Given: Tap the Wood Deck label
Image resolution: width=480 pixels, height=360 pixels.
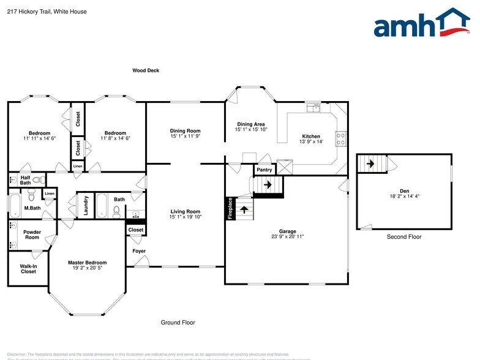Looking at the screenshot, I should point(146,70).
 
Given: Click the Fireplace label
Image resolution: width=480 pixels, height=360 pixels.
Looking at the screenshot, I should point(230,208).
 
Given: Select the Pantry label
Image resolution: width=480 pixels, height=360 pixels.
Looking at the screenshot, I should point(264,170).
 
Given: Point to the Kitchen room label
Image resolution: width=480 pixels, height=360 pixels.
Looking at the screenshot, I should point(311,136).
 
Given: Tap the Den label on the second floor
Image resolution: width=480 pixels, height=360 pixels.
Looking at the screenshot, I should point(404,190).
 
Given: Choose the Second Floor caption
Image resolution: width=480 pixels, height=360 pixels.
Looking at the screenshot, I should point(404,237).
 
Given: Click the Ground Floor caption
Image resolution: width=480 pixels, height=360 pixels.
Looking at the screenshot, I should point(178,322).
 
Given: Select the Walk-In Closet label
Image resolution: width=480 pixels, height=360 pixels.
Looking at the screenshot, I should point(28,269).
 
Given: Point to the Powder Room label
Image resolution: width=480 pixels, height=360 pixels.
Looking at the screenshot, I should point(32,234).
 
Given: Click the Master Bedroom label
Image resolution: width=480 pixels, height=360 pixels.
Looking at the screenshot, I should point(87,263).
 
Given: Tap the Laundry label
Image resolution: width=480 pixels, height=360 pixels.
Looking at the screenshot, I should point(86,205).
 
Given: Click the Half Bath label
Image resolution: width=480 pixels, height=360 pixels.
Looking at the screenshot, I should point(25,179).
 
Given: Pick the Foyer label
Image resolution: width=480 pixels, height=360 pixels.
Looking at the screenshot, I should point(139,251).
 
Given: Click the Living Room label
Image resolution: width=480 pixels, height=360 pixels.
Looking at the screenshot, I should point(186,212).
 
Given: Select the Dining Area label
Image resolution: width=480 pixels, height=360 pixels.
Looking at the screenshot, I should point(251,124).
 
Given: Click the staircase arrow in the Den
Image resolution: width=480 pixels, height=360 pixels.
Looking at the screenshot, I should point(369,163).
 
